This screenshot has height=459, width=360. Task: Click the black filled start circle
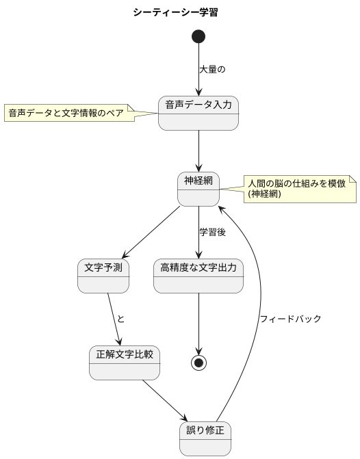pyautogui.click(x=198, y=36)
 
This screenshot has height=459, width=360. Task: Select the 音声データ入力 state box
pyautogui.click(x=198, y=113)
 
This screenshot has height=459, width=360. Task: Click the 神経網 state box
pyautogui.click(x=198, y=189)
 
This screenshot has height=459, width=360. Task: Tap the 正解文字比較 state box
pyautogui.click(x=125, y=363)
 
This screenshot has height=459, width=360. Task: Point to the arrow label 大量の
pyautogui.click(x=212, y=70)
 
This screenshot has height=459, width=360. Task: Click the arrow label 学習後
pyautogui.click(x=212, y=232)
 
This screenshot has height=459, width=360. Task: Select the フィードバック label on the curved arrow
pyautogui.click(x=290, y=319)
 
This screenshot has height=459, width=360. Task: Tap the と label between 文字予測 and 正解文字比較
pyautogui.click(x=121, y=319)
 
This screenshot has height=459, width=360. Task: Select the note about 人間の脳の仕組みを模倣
pyautogui.click(x=298, y=189)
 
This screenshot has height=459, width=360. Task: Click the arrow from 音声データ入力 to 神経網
pyautogui.click(x=198, y=150)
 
